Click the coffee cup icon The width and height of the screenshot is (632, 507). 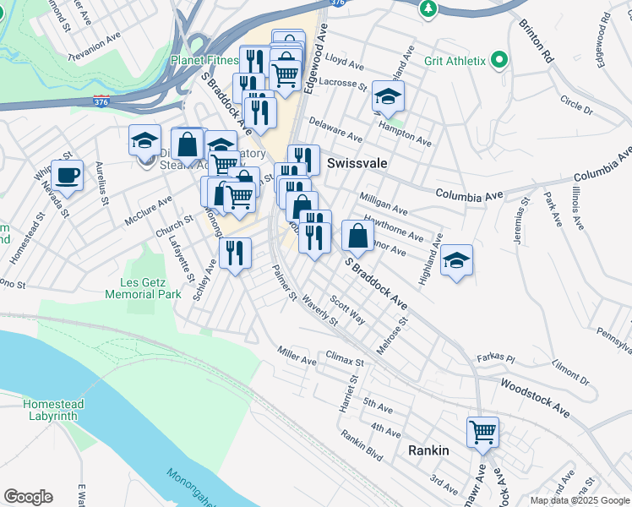[67, 176]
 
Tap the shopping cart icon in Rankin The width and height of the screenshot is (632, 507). [482, 432]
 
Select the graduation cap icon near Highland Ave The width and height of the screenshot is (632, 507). [456, 260]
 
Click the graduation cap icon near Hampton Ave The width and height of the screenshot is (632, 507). [388, 96]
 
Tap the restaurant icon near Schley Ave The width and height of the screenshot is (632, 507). [235, 252]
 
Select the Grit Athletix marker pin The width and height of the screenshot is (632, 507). [499, 60]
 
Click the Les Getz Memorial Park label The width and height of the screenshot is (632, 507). [144, 288]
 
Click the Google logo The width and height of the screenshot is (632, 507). [28, 497]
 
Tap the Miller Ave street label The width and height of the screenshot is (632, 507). [297, 356]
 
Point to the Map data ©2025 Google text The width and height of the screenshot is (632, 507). [579, 500]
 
